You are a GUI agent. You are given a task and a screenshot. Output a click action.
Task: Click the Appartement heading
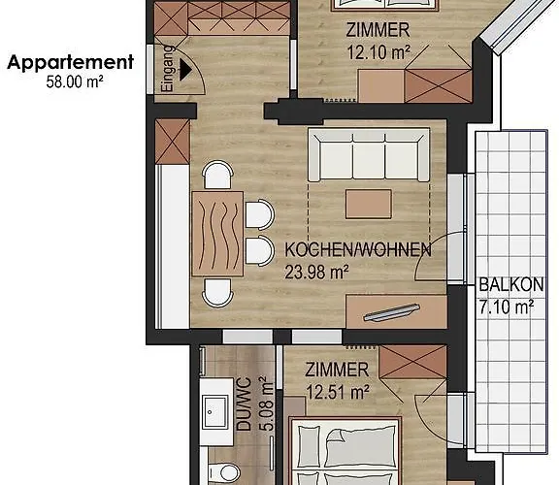[70, 63]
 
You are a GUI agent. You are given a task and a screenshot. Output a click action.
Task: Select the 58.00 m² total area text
[75, 81]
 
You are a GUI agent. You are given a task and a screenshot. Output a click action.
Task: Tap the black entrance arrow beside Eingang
[185, 70]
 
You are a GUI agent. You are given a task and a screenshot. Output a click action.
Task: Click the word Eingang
[167, 69]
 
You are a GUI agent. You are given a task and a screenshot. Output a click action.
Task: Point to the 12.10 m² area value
[378, 52]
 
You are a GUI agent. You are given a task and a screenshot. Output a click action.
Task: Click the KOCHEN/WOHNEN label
[358, 250]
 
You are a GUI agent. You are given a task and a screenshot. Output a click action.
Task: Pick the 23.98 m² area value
[316, 273]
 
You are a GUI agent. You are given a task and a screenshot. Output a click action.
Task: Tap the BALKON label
[511, 285]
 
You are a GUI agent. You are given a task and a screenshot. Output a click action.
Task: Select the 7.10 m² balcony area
[507, 307]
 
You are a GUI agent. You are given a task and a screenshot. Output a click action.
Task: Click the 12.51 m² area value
[338, 392]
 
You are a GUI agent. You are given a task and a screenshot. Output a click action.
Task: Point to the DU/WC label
[245, 404]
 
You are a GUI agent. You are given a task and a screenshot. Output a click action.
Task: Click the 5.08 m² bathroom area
[267, 404]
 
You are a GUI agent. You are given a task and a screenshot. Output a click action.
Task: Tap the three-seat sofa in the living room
[369, 155]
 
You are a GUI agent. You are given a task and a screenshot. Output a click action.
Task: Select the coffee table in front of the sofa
[369, 204]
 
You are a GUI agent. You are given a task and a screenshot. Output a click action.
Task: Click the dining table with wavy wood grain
[217, 234]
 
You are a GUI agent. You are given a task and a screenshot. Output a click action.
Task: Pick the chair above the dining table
[217, 175]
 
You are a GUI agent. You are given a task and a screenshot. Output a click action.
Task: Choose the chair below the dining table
[217, 293]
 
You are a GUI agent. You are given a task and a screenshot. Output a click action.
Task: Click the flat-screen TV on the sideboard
[391, 312]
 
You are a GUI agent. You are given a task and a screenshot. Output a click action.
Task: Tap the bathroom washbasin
[215, 412]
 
